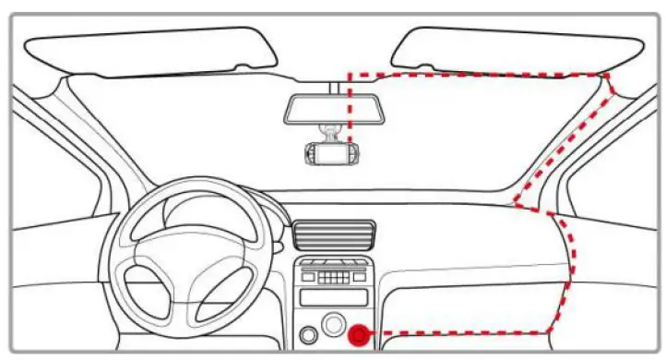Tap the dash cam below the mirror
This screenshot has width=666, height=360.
pos(331,153)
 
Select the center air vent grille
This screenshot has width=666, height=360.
pos(334,234)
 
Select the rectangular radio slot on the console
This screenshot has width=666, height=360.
pos(334,297)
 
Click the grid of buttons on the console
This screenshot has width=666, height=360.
pos(334,274)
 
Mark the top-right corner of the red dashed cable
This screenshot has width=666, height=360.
pos(607,75)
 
